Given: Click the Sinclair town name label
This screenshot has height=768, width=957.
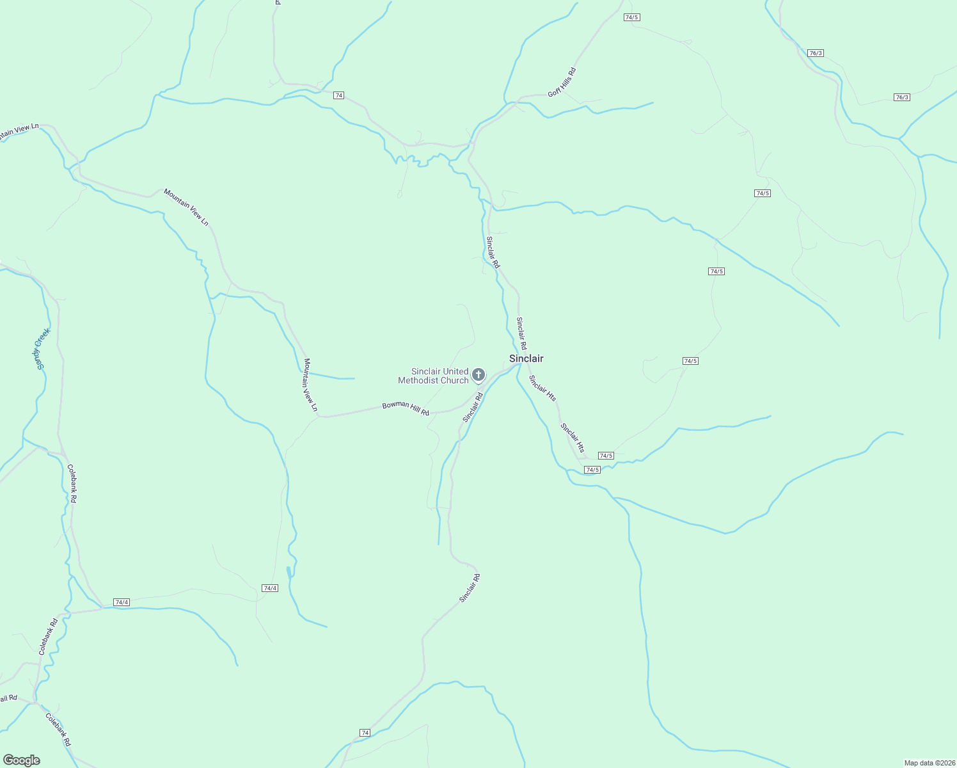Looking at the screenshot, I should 526,358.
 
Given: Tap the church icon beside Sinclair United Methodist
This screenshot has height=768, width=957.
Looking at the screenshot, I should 478,374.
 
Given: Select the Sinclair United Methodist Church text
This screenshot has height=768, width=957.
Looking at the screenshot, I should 433,376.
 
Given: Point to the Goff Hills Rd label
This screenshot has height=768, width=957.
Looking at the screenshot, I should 562,83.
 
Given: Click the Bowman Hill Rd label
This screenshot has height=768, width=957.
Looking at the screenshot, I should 406,408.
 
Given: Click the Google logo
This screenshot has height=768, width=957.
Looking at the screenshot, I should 22,760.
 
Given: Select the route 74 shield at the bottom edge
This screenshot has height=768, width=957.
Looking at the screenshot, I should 365,732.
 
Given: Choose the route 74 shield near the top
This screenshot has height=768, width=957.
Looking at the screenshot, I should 338,95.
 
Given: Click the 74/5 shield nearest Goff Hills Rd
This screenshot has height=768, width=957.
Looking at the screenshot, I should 631,17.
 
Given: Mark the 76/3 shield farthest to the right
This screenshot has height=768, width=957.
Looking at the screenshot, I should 901,97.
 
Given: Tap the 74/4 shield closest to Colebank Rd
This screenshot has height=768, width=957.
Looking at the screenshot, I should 121,602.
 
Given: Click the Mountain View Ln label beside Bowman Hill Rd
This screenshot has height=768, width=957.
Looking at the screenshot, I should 310,385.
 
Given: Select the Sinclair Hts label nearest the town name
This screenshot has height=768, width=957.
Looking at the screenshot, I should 542,388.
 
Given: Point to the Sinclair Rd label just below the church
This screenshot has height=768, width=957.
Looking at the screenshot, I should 473,408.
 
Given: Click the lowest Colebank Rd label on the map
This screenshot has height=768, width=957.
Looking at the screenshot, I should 58,729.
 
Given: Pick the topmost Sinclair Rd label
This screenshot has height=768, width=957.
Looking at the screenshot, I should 493,252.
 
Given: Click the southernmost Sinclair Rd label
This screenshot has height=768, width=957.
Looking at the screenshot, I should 470,588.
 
